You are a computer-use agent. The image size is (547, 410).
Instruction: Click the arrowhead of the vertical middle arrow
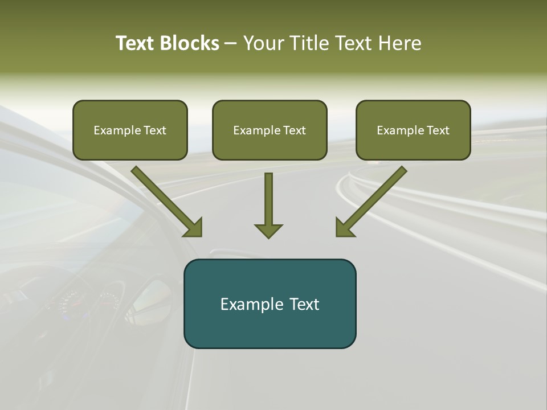coord(268,231)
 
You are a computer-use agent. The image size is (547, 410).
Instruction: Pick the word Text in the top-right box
coord(438,130)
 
